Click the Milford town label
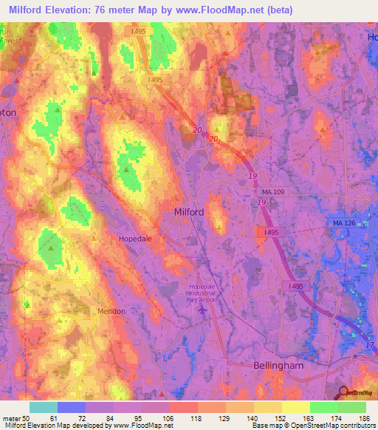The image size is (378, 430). pos(188,211)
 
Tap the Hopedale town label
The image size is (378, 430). pos(136,239)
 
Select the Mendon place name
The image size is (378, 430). pos(111,312)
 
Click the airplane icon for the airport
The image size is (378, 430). pos(204,307)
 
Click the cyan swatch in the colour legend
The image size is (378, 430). pos(44,407)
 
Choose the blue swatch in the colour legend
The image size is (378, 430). pos(72,407)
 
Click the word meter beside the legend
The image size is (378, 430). pos(10,419)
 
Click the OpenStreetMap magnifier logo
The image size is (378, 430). pos(344,393)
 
